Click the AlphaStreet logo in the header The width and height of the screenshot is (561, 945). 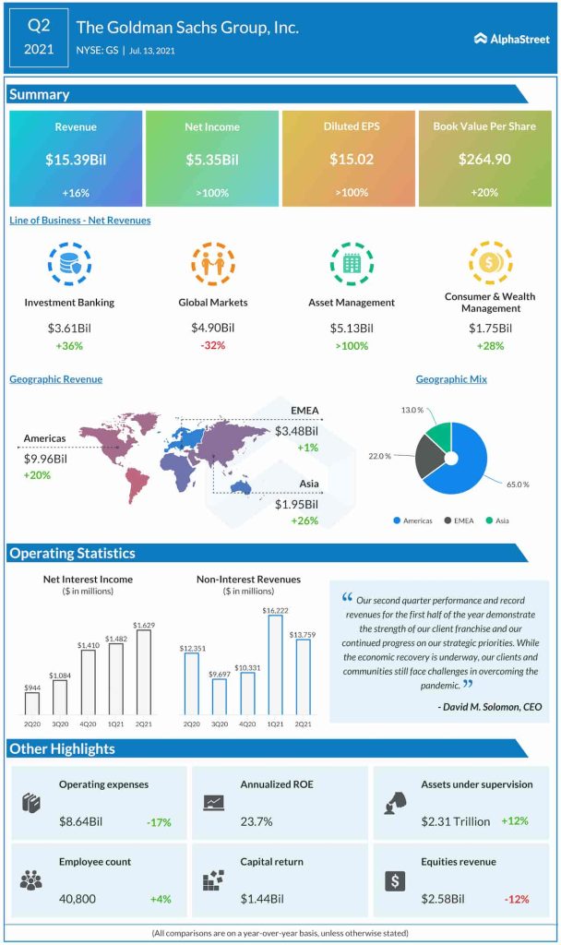(x=511, y=39)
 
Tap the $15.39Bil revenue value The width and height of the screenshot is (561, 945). (x=76, y=160)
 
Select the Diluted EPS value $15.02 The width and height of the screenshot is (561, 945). (x=349, y=160)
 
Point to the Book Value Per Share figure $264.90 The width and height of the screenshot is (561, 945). (x=484, y=160)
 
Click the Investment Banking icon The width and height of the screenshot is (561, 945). (x=69, y=264)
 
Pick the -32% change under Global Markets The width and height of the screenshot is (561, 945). (x=213, y=345)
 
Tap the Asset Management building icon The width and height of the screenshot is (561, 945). (x=351, y=264)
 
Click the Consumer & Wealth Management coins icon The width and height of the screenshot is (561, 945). (x=489, y=262)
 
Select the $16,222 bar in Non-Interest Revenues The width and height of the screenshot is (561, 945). (x=275, y=665)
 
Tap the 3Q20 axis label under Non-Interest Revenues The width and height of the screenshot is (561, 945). (x=220, y=724)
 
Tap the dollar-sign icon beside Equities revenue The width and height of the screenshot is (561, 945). (x=394, y=879)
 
